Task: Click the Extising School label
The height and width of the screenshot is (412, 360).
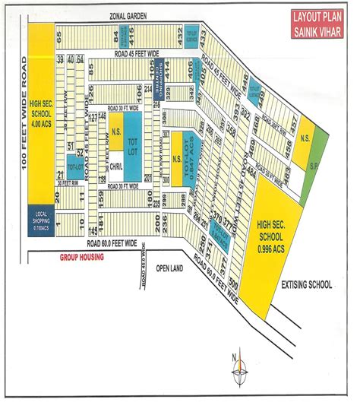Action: [306, 284]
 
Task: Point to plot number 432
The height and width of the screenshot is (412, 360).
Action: [179, 35]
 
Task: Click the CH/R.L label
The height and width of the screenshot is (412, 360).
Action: [117, 166]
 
